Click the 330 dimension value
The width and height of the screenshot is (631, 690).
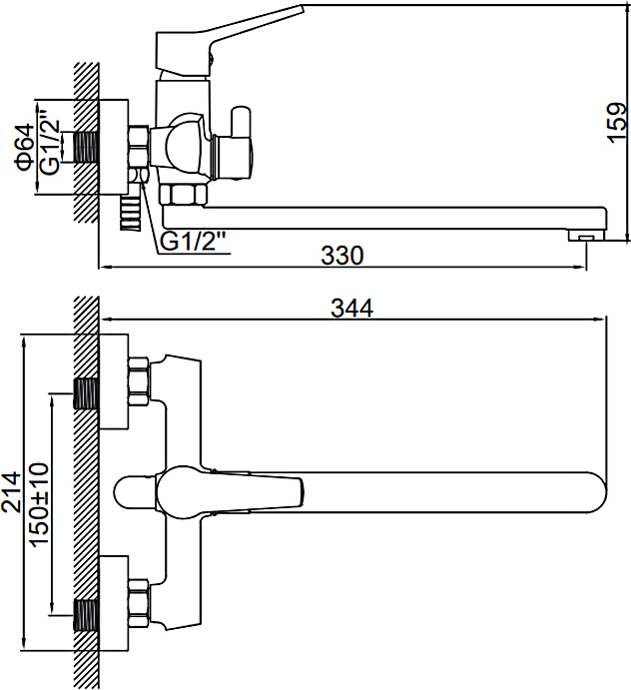[342, 256]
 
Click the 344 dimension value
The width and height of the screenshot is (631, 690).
[351, 309]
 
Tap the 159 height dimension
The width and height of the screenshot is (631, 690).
[618, 123]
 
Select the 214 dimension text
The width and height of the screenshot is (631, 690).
[11, 492]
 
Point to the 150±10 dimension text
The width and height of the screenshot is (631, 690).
[39, 503]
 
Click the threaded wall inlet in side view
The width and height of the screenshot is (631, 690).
[88, 147]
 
